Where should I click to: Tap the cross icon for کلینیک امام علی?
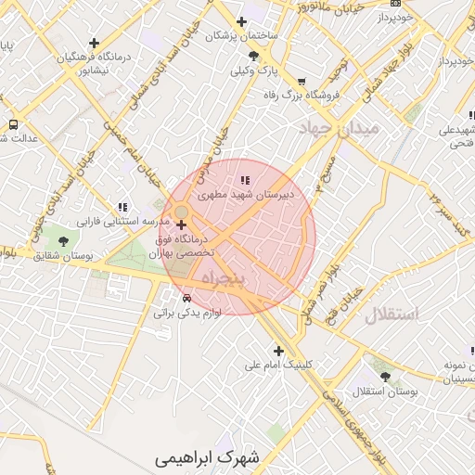click(x=278, y=350)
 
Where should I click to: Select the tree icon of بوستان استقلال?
click(x=385, y=377)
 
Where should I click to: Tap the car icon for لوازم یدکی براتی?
click(x=187, y=299)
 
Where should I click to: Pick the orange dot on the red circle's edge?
click(x=181, y=212)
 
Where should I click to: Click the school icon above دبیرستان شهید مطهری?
click(x=244, y=180)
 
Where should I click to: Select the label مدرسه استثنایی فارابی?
click(x=122, y=223)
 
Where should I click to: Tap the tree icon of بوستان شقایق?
click(x=62, y=241)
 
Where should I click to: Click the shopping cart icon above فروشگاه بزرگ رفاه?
click(x=302, y=81)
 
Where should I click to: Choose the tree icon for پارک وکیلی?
click(x=253, y=57)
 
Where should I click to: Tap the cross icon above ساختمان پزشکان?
click(x=242, y=21)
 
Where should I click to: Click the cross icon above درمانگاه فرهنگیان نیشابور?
click(x=94, y=43)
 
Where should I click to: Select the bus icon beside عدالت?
click(x=13, y=123)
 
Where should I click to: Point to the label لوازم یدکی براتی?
click(x=187, y=314)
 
